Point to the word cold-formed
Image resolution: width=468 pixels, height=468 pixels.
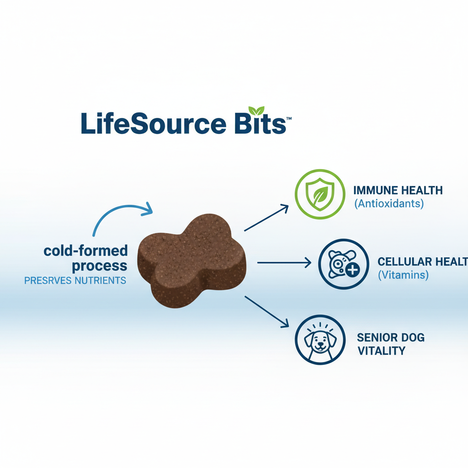tap(85, 250)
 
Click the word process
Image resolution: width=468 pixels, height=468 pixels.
tap(100, 266)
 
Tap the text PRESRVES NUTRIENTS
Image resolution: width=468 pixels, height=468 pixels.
tap(75, 280)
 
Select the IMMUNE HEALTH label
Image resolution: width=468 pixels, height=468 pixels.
tap(398, 191)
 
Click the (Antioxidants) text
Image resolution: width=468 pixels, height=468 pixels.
tap(389, 203)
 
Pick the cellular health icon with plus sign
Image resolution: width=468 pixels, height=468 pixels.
tap(343, 264)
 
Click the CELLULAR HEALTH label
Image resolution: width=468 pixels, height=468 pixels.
tap(422, 261)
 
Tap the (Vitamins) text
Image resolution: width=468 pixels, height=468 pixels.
tap(403, 275)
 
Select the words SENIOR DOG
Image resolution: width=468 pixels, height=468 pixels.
tap(391, 338)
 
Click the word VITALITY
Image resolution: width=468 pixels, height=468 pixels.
tap(381, 351)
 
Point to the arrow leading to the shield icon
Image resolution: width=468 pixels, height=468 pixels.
tap(266, 218)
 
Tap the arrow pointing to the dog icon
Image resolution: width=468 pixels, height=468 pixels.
tap(267, 311)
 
